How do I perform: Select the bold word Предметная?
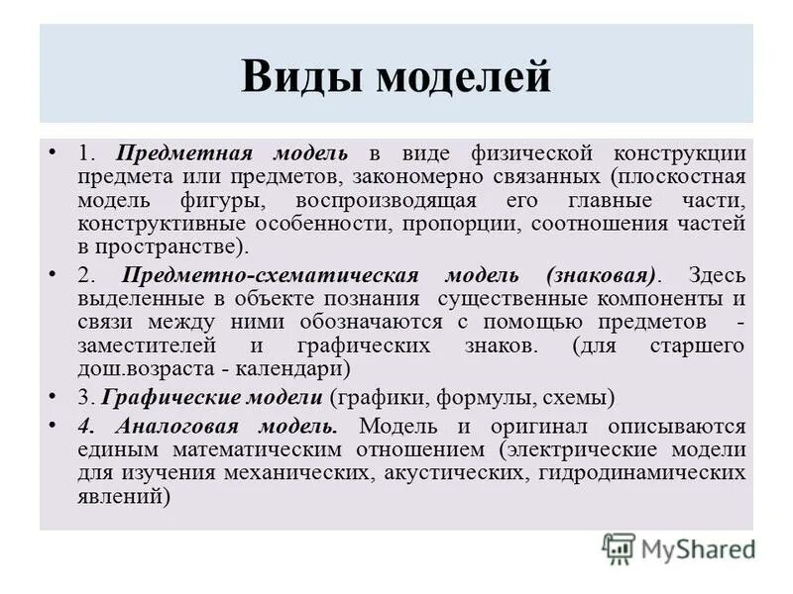(x=181, y=154)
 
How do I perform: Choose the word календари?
(x=298, y=368)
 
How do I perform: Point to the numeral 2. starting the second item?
(x=84, y=275)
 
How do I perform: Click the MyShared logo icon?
(x=618, y=547)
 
